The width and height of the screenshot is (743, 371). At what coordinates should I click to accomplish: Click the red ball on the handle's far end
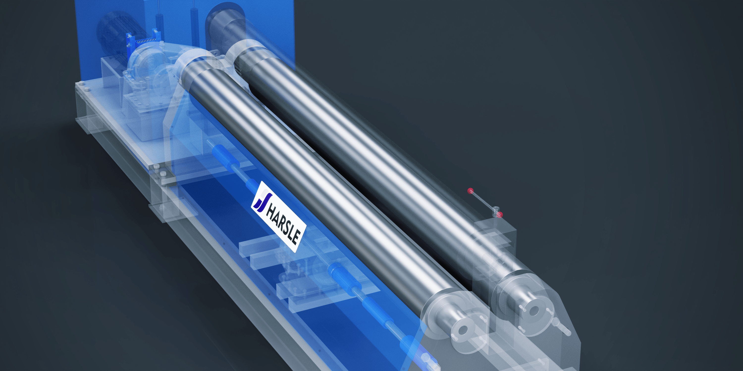pos(470,191)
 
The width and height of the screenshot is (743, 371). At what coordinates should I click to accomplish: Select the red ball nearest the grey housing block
pos(500,215)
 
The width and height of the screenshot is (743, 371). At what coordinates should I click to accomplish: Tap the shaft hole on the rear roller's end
pos(534,310)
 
